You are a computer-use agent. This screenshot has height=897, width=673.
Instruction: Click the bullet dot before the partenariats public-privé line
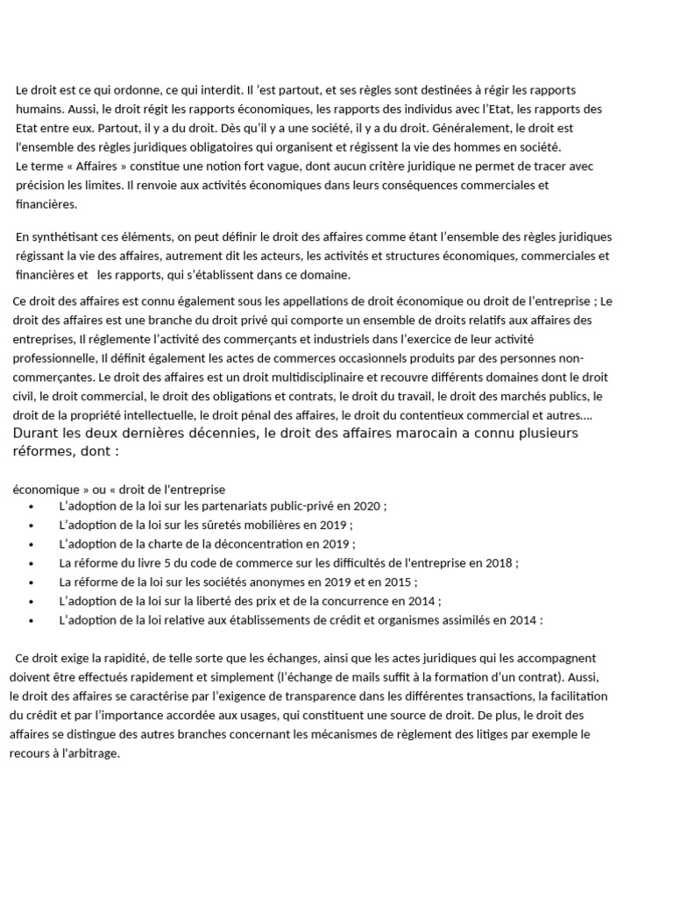(32, 507)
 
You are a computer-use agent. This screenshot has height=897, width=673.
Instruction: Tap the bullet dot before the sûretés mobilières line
(32, 526)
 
